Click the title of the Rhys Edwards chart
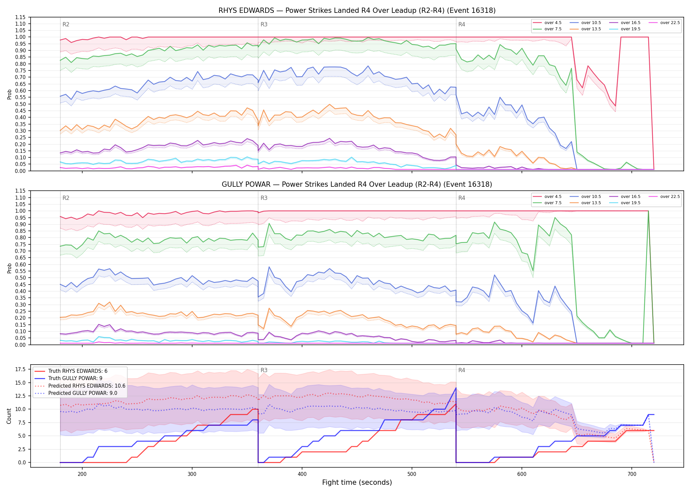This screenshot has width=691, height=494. point(357,11)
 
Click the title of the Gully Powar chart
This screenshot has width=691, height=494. point(357,184)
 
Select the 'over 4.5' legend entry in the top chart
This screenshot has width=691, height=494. point(548,23)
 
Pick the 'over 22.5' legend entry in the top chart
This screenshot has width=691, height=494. point(664,23)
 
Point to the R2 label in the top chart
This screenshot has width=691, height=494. point(66,24)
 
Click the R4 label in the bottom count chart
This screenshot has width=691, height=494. point(462,370)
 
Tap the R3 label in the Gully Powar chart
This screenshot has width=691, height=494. point(264,198)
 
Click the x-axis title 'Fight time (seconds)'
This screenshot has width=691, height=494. point(357,482)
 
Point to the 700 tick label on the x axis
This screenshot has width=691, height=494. point(632,474)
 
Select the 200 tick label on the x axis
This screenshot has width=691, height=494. point(82,474)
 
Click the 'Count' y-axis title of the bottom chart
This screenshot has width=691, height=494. point(9,416)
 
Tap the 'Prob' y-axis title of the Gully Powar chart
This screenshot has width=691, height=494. point(9,268)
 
